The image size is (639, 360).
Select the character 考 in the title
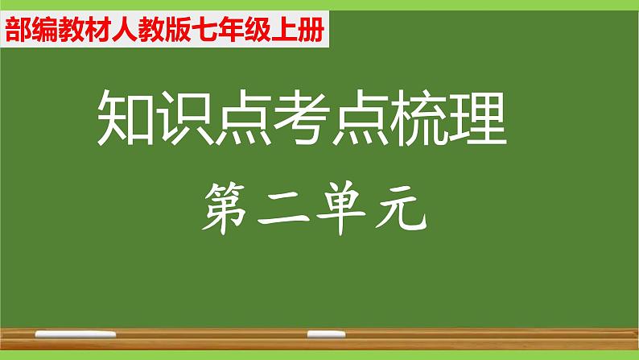[302, 118]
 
